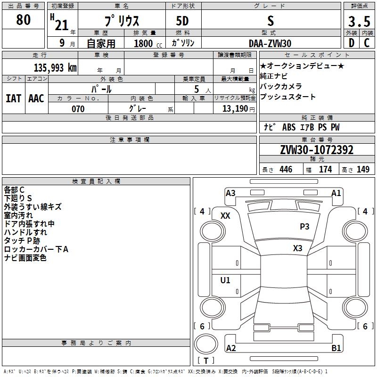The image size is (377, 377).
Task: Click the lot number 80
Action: click(23, 20)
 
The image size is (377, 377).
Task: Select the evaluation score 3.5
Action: click(359, 22)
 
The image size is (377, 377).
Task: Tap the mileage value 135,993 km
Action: click(55, 67)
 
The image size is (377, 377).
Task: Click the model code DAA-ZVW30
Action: click(270, 43)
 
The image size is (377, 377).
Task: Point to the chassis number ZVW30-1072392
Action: click(317, 150)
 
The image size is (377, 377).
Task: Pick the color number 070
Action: click(78, 109)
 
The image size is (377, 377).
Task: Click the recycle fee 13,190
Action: click(235, 109)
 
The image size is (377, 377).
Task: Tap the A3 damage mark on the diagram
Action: click(230, 193)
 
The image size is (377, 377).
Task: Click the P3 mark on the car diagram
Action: click(304, 227)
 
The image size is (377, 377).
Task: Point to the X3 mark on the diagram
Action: click(297, 248)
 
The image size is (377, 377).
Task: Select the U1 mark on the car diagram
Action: click(225, 280)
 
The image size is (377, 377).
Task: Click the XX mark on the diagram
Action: click(225, 215)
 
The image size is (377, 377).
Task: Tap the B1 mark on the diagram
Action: click(336, 348)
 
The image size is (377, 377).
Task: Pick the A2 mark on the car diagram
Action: click(231, 348)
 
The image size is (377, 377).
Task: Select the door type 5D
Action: click(182, 21)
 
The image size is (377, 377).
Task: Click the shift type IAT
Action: click(13, 98)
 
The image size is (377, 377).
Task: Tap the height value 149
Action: click(363, 170)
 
